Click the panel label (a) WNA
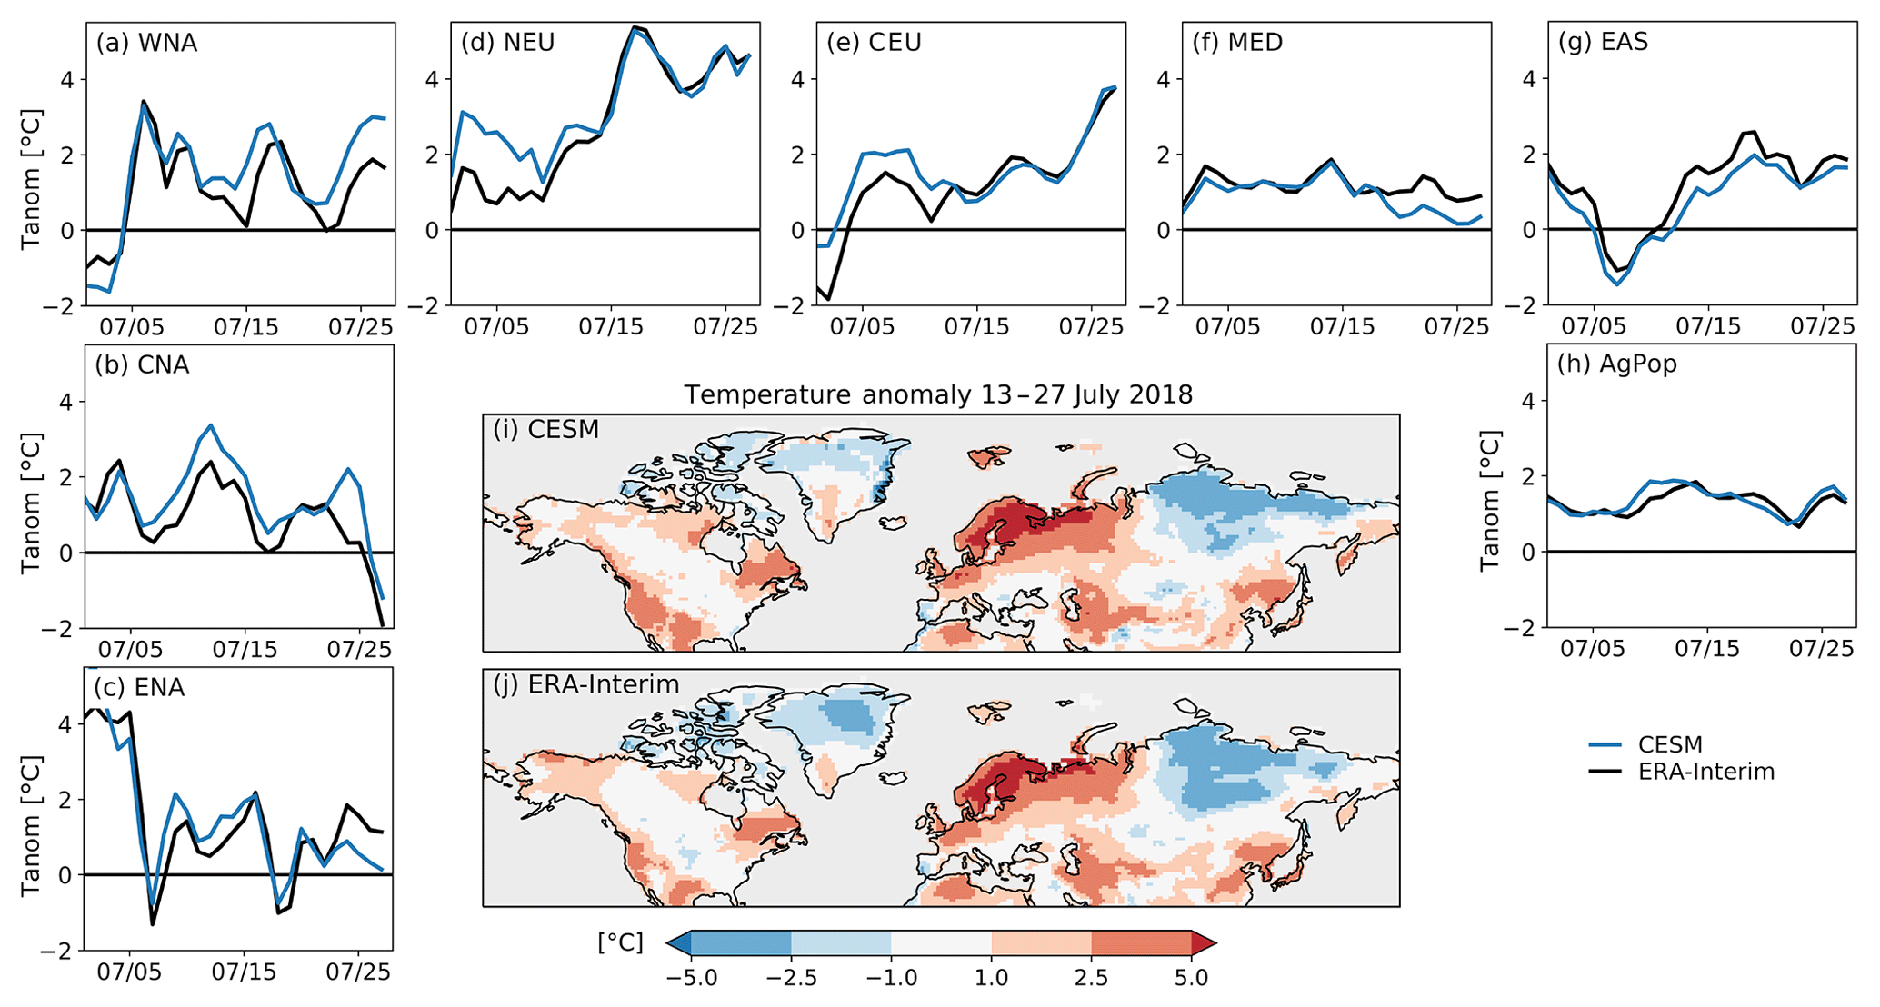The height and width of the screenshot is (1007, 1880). pos(145,44)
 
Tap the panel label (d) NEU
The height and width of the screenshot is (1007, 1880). pos(507,43)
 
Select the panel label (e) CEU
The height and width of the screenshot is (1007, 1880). pos(874,43)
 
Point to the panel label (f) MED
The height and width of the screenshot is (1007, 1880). pos(1237,43)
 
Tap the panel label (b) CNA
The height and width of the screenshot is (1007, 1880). pos(142,365)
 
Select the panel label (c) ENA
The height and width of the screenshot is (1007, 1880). pos(139,688)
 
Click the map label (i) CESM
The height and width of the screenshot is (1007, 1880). pos(545,429)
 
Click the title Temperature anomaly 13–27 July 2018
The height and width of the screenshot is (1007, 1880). pos(938,394)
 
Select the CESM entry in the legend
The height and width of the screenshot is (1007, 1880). pos(1670,745)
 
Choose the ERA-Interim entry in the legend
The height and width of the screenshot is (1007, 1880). pos(1706,773)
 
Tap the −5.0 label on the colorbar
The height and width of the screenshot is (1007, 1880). pos(691,979)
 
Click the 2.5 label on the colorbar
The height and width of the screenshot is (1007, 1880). pos(1091,979)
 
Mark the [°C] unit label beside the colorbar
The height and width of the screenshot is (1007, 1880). pos(620,943)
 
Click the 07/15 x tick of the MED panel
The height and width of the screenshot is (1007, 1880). pos(1342,326)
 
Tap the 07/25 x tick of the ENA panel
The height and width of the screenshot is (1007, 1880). pos(358,972)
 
